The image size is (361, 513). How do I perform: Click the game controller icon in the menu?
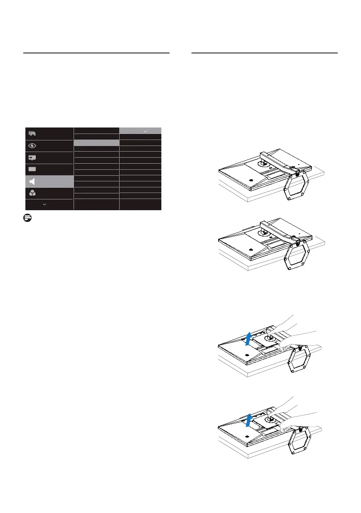(32, 134)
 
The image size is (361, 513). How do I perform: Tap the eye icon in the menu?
(32, 146)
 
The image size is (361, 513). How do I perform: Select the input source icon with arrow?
(32, 158)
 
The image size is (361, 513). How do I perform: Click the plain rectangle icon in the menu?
(32, 169)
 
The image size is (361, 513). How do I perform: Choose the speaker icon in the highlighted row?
(32, 181)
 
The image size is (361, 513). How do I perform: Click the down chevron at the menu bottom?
(45, 204)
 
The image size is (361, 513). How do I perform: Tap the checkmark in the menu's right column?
(146, 130)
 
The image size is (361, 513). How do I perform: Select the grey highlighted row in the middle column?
(96, 142)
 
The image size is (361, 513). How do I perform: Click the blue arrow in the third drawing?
(247, 339)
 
